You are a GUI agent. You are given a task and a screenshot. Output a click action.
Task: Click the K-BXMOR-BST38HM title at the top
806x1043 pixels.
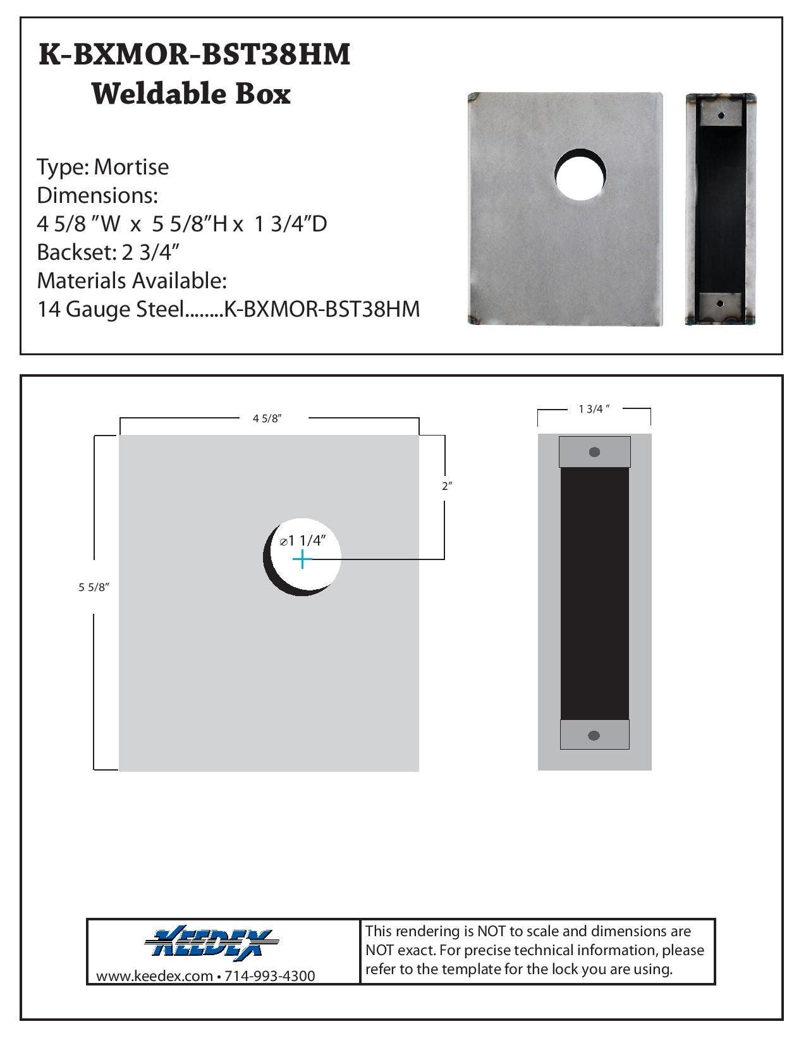click(x=194, y=55)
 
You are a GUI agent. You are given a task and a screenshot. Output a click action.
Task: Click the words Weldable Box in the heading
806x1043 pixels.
click(x=191, y=94)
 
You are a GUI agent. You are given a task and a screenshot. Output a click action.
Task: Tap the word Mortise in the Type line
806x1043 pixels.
click(x=131, y=168)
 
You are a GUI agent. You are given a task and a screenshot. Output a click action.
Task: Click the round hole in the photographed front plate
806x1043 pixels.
click(x=580, y=174)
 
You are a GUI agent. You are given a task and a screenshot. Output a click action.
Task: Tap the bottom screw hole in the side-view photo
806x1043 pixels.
click(x=720, y=303)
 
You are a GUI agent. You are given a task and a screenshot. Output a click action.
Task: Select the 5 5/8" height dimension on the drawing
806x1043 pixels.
click(x=94, y=587)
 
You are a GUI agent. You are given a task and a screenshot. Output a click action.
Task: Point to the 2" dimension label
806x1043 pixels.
click(x=447, y=486)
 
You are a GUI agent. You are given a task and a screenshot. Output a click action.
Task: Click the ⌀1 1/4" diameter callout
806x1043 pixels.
click(x=303, y=541)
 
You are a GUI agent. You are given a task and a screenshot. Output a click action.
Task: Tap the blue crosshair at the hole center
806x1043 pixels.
click(x=303, y=559)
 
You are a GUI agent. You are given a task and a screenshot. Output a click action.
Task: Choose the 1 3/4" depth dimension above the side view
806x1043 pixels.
click(x=594, y=408)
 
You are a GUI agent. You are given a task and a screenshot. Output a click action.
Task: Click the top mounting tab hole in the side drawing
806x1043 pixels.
click(x=594, y=452)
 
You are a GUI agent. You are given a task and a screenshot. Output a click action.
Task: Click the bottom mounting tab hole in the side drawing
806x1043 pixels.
click(x=594, y=735)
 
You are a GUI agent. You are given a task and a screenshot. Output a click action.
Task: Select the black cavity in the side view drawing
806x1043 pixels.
click(x=594, y=594)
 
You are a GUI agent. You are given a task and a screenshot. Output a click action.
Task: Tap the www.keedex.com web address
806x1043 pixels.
click(x=154, y=976)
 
